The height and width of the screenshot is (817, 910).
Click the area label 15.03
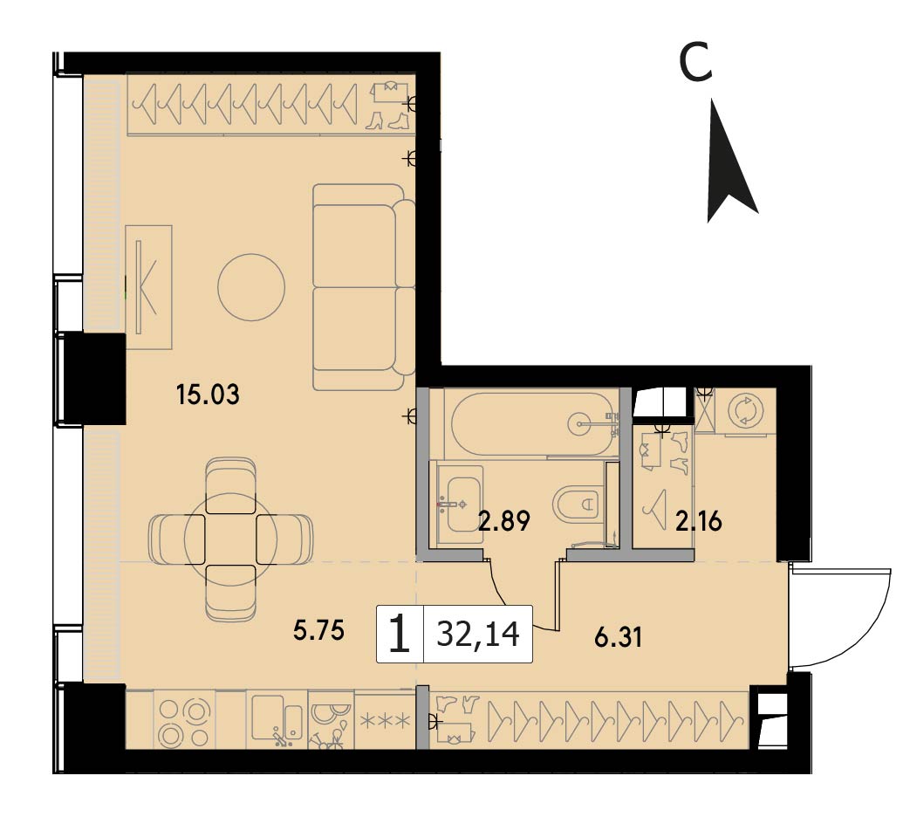pyautogui.click(x=208, y=395)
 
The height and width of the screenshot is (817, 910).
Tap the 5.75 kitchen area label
pyautogui.click(x=318, y=630)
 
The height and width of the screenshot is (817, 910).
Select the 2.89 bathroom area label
pyautogui.click(x=503, y=521)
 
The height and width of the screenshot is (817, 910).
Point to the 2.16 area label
pyautogui.click(x=698, y=521)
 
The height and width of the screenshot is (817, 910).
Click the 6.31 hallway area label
pyautogui.click(x=618, y=637)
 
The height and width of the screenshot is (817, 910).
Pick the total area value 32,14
pyautogui.click(x=478, y=634)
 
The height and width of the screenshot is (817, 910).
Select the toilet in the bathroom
pyautogui.click(x=577, y=504)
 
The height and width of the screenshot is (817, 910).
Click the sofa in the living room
pyautogui.click(x=363, y=287)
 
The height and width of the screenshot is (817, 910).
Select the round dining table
pyautogui.click(x=230, y=539)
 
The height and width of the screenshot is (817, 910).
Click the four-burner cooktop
pyautogui.click(x=184, y=720)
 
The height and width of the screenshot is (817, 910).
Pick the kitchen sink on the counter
pyautogui.click(x=277, y=720)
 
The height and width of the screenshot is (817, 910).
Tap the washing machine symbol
pyautogui.click(x=746, y=411)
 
